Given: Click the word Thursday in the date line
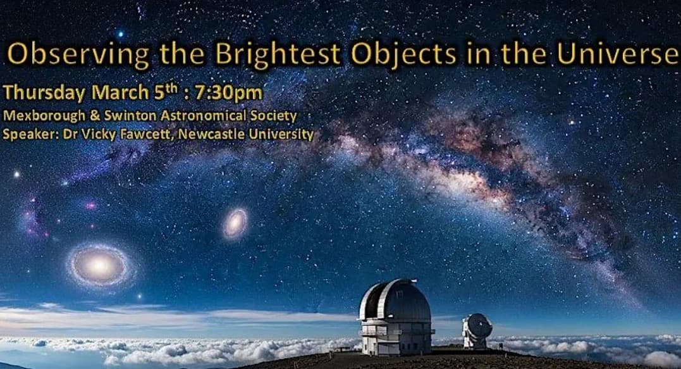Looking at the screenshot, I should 44,92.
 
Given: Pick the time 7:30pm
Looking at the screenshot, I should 230,92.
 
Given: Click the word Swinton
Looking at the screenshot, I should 116,117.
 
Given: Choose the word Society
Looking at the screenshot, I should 271,117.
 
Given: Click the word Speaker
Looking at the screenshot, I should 25,134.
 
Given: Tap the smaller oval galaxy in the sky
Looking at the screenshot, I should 235,223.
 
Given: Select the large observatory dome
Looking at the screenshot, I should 395,316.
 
